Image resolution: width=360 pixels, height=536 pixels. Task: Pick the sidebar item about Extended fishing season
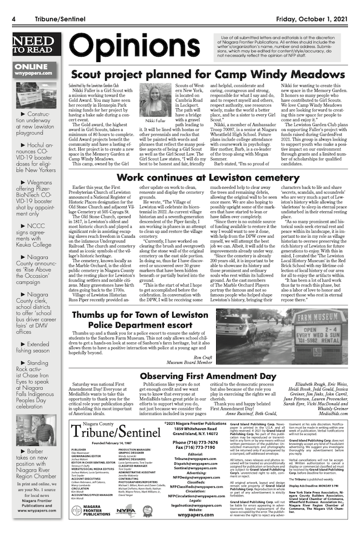tap(35, 347)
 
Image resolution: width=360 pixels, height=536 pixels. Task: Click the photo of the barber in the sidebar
tap(34, 430)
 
